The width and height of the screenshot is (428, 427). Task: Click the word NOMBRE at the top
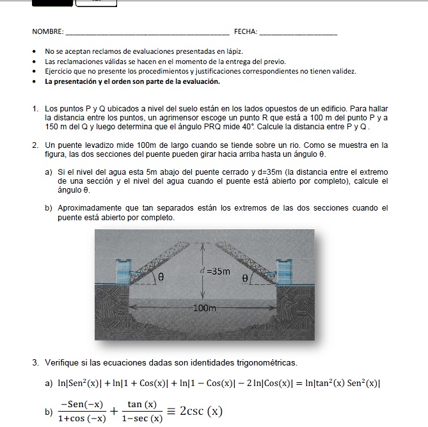(47, 32)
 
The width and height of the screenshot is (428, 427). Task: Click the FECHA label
(245, 32)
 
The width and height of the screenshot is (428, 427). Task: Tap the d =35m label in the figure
(215, 271)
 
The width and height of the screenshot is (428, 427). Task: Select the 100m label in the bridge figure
(205, 308)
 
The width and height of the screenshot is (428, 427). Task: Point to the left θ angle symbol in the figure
(161, 277)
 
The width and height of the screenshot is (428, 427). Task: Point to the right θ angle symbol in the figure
(245, 278)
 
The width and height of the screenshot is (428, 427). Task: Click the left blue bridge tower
(123, 271)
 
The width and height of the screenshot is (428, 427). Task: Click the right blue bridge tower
(285, 271)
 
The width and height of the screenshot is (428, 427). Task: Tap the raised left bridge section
(159, 262)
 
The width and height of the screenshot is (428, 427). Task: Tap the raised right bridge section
(246, 262)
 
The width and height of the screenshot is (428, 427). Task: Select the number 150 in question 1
(51, 127)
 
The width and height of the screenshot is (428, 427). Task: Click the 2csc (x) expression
(201, 411)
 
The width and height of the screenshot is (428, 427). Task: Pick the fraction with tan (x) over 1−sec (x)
(142, 411)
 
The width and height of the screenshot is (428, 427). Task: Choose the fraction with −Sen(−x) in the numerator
(82, 411)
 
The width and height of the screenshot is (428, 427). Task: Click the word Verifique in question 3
(62, 363)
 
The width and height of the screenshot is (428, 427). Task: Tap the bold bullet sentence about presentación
(132, 82)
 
